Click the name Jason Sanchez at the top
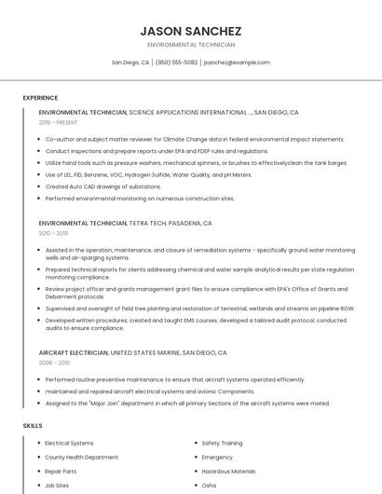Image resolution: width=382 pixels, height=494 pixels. tap(190, 31)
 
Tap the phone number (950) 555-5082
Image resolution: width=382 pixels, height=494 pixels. tap(177, 62)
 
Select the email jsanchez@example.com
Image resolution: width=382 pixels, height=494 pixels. tap(237, 62)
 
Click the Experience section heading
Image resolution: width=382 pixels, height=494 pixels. tap(40, 98)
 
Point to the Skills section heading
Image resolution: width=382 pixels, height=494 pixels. tap(33, 425)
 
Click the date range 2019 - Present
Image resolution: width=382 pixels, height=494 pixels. tap(59, 122)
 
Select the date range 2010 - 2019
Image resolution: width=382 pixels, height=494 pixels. tap(53, 233)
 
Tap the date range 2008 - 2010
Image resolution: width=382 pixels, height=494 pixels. tap(54, 363)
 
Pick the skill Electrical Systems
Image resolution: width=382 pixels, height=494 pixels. tap(69, 443)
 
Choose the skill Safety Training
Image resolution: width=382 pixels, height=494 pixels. tap(223, 443)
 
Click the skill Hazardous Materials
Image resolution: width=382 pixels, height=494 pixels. tap(228, 472)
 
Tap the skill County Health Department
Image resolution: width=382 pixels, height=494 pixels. tap(82, 458)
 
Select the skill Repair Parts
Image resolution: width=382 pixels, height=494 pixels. tap(61, 472)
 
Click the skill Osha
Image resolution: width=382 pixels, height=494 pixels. tap(209, 486)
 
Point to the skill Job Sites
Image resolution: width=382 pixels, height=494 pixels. tap(58, 486)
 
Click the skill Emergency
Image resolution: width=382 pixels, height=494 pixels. tap(217, 458)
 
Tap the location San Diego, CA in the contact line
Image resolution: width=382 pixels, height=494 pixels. tap(130, 62)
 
